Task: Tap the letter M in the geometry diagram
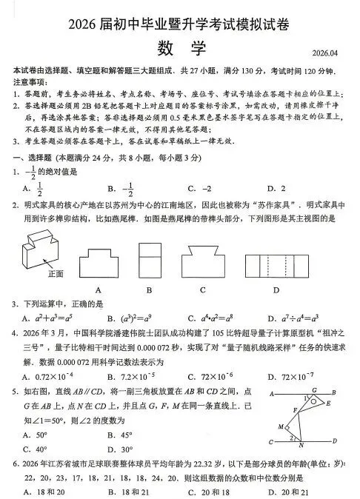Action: (281, 427)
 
